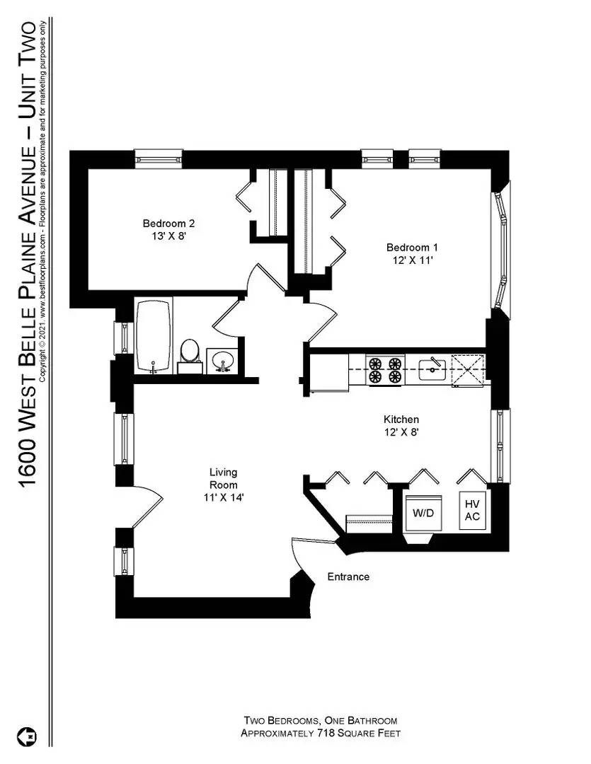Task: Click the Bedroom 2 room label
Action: point(168,223)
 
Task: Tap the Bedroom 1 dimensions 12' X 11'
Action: point(412,260)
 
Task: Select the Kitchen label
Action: point(401,419)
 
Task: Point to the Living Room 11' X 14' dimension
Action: point(223,497)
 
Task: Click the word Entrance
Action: point(348,577)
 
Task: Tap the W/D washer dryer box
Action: point(423,512)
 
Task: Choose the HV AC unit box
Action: point(472,511)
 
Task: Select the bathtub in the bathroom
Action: point(154,336)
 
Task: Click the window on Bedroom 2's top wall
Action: point(159,158)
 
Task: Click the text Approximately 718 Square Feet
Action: point(321,734)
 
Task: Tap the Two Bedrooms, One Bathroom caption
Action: point(321,721)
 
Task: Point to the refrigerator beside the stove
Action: point(329,371)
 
